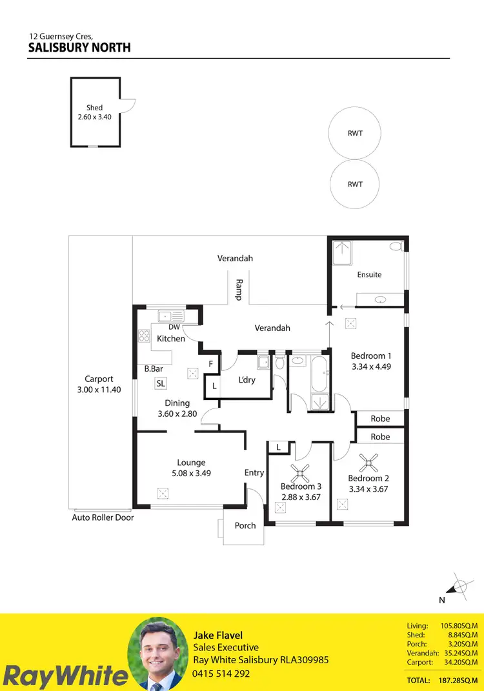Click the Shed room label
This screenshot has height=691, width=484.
(94, 108)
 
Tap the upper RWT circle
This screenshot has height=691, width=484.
(355, 134)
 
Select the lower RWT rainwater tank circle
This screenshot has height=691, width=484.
(355, 184)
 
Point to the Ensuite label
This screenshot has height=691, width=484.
(369, 274)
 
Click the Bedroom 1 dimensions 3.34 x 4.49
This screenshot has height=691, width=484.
(371, 366)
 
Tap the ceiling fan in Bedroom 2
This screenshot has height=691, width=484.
(369, 461)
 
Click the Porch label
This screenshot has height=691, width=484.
(245, 525)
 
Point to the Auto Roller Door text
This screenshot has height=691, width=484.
(103, 517)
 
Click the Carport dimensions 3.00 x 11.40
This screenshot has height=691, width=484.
(99, 390)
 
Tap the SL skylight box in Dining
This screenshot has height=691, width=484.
(161, 383)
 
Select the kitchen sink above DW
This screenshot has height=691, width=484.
(171, 316)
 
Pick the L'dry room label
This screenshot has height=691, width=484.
(247, 380)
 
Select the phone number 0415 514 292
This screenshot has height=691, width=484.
(221, 674)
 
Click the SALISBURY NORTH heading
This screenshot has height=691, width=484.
(79, 48)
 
